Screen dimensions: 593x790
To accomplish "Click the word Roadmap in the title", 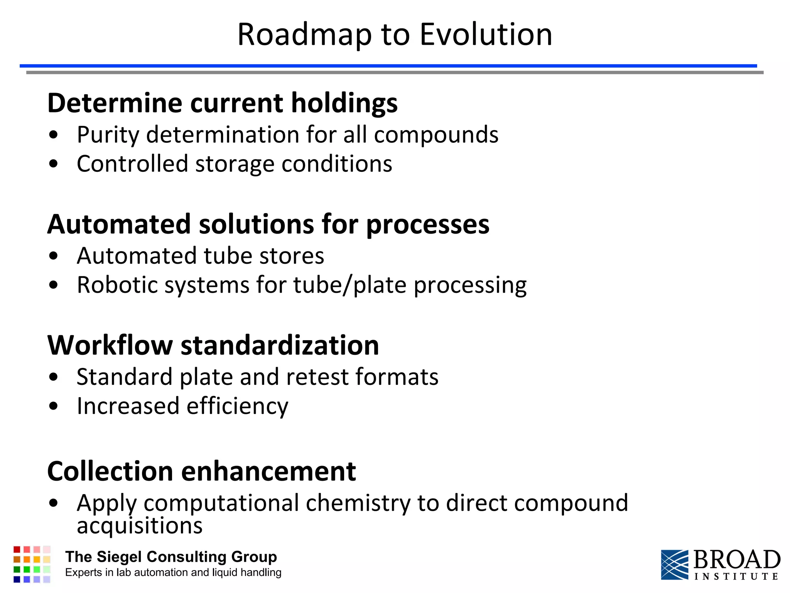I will [305, 35].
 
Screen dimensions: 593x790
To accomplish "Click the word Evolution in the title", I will [486, 35].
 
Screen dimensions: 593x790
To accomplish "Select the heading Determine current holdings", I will [222, 103].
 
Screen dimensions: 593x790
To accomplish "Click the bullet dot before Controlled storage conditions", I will [54, 164].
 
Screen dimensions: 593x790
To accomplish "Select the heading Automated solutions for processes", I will [268, 224].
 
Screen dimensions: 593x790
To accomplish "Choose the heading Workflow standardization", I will [213, 345].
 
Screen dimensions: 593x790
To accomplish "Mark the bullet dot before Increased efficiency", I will [54, 406].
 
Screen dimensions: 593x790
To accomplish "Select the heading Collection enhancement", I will [201, 472].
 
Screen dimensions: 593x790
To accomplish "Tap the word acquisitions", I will [139, 526].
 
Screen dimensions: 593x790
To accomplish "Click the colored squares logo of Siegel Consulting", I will [32, 564].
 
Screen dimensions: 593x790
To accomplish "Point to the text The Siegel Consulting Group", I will [171, 557].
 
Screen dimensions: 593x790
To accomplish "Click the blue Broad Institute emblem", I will [674, 564].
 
